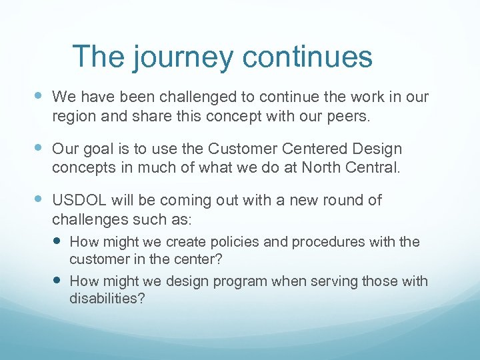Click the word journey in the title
[183, 57]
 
